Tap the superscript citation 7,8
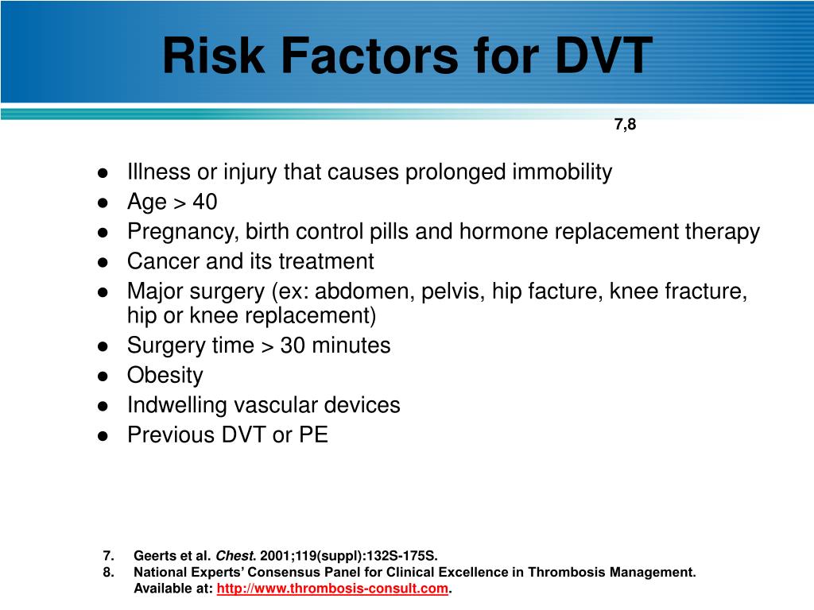pyautogui.click(x=625, y=125)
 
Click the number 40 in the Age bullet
pyautogui.click(x=204, y=203)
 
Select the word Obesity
pyautogui.click(x=165, y=375)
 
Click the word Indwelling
pyautogui.click(x=176, y=405)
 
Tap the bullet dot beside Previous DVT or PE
pyautogui.click(x=103, y=436)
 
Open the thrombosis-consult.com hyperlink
pyautogui.click(x=333, y=589)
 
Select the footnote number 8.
pyautogui.click(x=108, y=572)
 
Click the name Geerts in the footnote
pyautogui.click(x=152, y=555)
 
